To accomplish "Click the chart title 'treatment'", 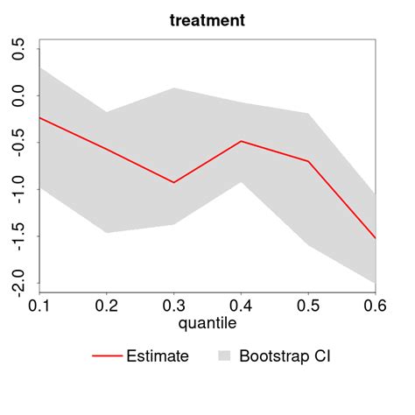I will coord(207,20).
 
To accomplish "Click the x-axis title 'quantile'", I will coord(207,323).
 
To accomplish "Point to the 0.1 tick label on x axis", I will coord(39,306).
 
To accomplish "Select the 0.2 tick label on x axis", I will coord(106,306).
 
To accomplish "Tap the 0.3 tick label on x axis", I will coord(173,306).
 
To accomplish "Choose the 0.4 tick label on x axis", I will coord(241,306).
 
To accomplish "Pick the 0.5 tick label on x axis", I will coord(308,306).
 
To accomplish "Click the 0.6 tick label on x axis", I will coord(374,306).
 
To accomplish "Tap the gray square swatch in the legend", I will coord(224,356).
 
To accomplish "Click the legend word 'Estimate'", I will coord(158,356).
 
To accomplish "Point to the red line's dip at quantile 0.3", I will coord(173,182).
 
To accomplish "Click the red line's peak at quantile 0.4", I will coord(241,141).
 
